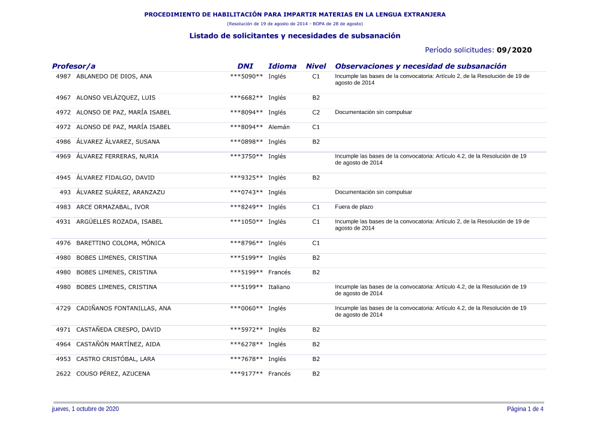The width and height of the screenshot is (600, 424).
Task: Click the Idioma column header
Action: tap(282, 66)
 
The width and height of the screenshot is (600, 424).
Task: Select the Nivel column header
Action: tap(316, 66)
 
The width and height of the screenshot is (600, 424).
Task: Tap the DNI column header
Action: tap(245, 66)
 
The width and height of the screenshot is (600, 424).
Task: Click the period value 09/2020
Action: tap(514, 50)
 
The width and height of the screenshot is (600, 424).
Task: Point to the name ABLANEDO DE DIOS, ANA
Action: tap(114, 77)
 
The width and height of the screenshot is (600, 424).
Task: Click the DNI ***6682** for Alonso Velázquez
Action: tap(247, 98)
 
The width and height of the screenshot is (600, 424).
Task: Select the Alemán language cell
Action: tap(279, 127)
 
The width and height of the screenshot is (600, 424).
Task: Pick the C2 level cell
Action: tap(316, 112)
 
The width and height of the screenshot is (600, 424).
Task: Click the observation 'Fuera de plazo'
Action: tap(354, 207)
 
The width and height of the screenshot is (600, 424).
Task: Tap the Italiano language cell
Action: tap(279, 287)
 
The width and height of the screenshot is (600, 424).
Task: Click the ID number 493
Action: tap(65, 193)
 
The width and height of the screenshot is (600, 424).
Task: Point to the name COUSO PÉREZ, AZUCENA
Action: tap(113, 374)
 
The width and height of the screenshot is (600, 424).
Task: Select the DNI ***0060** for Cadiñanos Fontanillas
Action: tap(247, 308)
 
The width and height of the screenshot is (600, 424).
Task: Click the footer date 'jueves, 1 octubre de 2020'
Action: tap(86, 409)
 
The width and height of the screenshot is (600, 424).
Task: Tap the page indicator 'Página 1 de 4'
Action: tap(525, 409)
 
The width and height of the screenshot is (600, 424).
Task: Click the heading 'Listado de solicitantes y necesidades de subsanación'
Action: tap(295, 36)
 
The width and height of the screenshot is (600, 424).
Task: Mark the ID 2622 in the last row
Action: tap(64, 374)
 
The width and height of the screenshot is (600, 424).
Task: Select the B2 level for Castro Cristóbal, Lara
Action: tap(316, 359)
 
